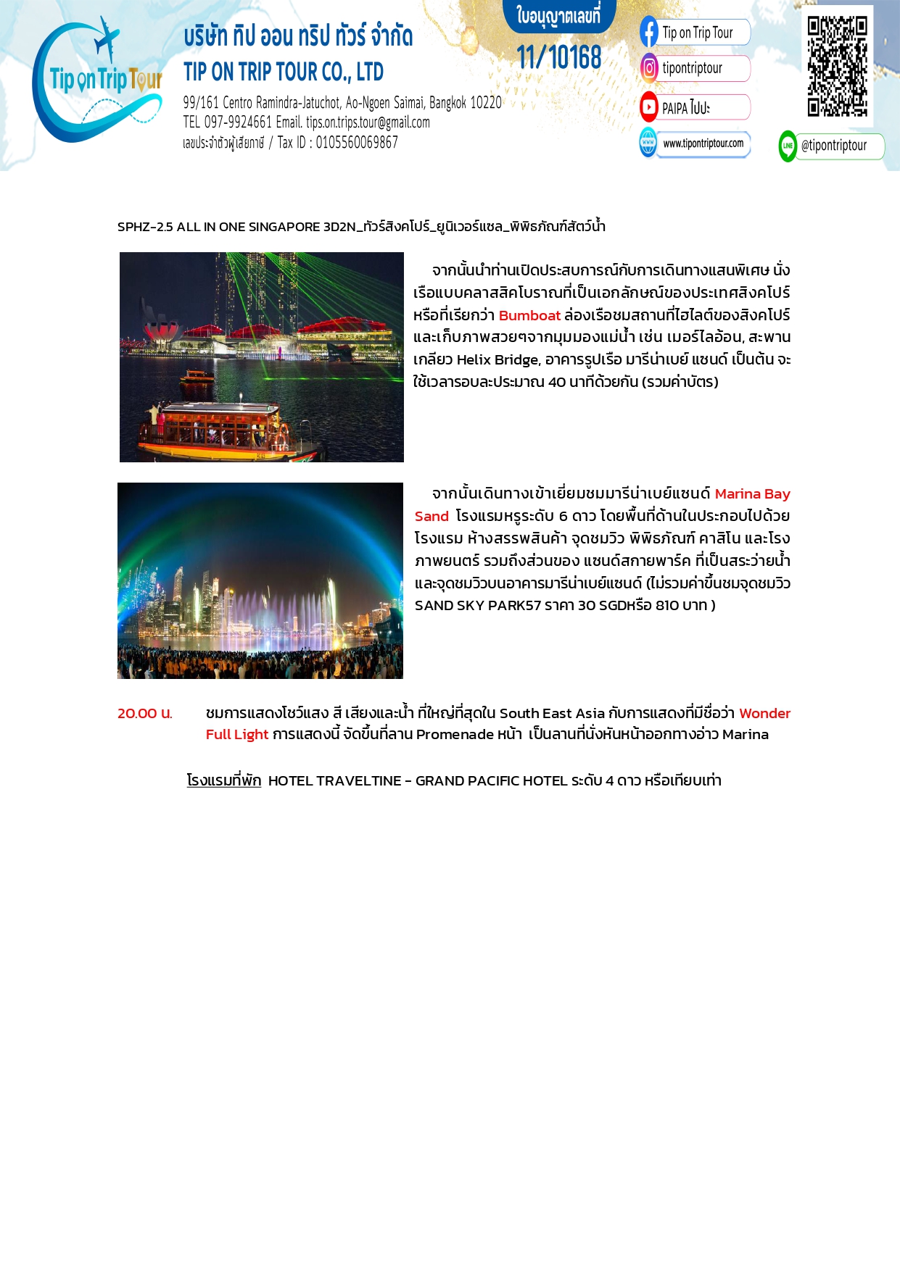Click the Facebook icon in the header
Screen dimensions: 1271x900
pos(649,33)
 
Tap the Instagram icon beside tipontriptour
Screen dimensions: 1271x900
pos(649,68)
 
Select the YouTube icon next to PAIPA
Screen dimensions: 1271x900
pos(649,107)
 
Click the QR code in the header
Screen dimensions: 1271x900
pos(837,66)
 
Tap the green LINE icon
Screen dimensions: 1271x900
pos(788,146)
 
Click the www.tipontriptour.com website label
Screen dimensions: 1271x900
pos(703,143)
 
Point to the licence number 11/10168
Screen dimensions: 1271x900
pos(559,57)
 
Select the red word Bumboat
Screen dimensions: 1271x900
pos(529,315)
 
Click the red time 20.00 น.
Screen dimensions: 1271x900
pos(145,713)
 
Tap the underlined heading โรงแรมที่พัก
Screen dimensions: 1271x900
pos(224,780)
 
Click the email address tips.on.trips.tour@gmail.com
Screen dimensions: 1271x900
pos(368,122)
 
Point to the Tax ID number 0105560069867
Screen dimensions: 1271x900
pos(357,142)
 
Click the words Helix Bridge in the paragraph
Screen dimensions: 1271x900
pos(498,359)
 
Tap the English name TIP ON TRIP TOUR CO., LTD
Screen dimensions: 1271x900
pos(284,72)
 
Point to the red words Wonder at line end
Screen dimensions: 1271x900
pos(764,713)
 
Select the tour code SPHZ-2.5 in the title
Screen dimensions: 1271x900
pos(145,227)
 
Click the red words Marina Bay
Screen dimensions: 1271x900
pos(752,493)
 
